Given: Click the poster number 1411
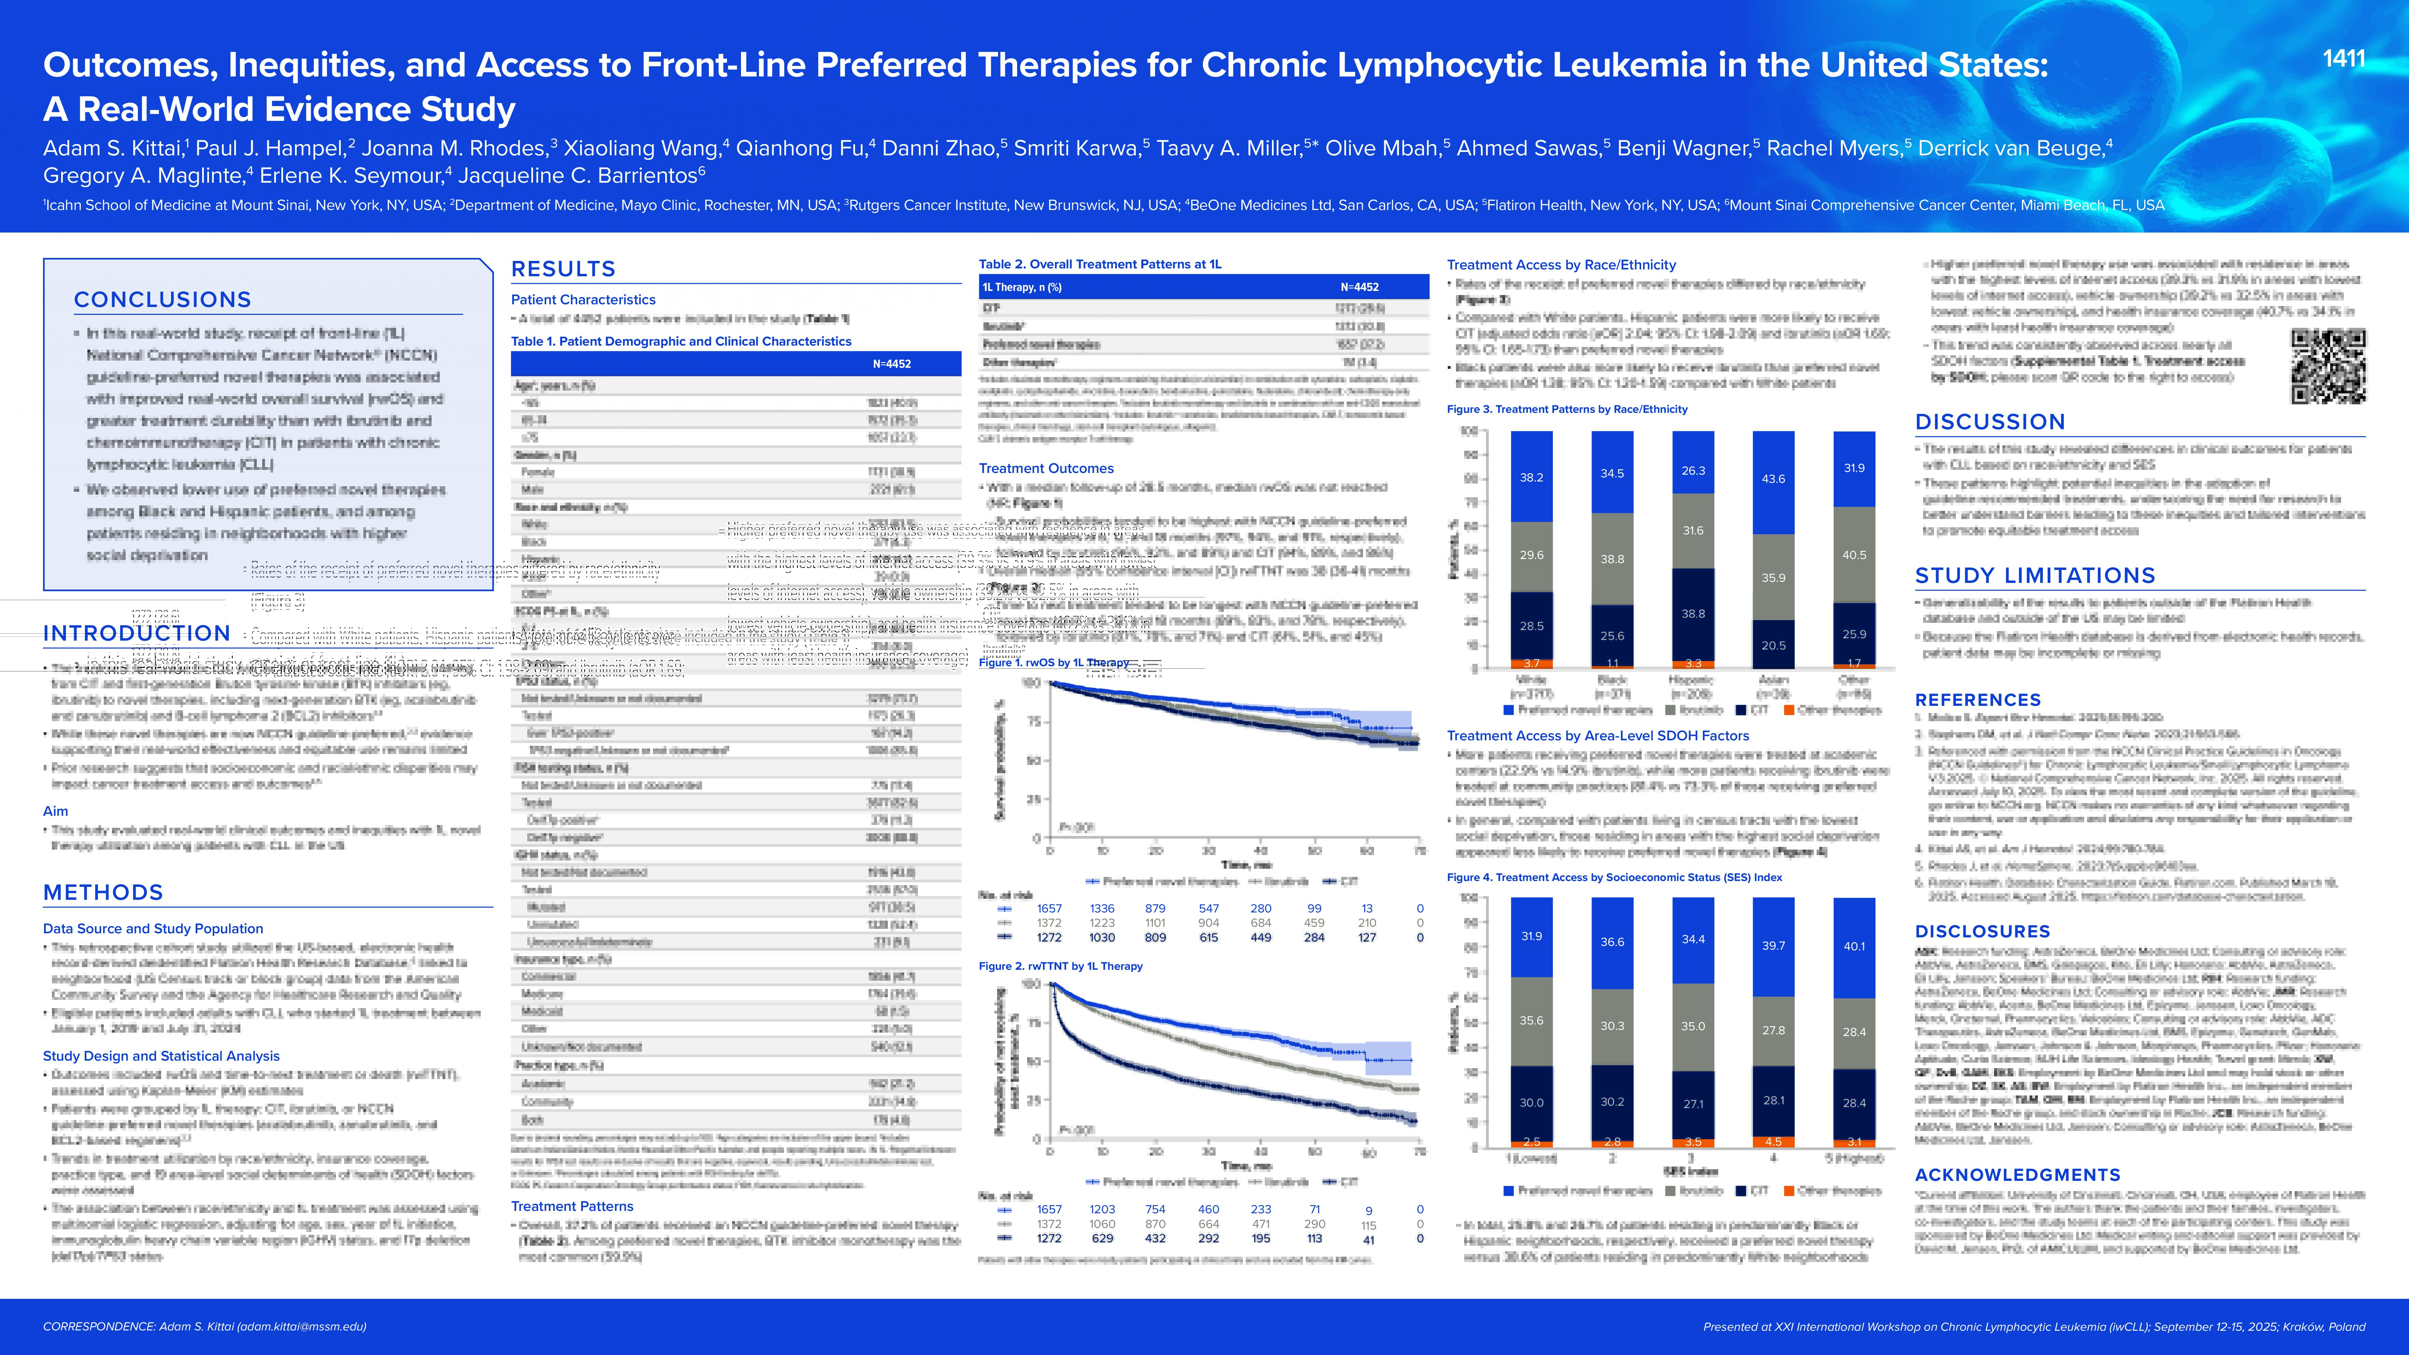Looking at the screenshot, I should click(x=2343, y=59).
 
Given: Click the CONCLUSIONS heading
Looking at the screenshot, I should click(x=163, y=299).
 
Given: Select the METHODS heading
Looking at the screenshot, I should click(x=103, y=892).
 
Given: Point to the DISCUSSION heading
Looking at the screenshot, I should click(x=1990, y=422).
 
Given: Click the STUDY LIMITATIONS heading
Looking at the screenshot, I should click(x=2035, y=575).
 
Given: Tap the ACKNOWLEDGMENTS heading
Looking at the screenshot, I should click(x=2017, y=1174).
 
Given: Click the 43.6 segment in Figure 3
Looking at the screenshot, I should click(x=1773, y=479).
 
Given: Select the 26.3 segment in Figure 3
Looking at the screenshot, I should click(x=1693, y=470).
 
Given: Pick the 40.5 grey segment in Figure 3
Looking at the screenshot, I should click(x=1853, y=555).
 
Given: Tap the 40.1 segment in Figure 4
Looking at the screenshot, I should click(x=1853, y=946).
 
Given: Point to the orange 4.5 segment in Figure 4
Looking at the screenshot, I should click(x=1773, y=1141).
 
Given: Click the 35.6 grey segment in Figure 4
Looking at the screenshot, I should click(x=1531, y=1020).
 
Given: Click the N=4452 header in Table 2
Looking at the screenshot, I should click(x=1359, y=287).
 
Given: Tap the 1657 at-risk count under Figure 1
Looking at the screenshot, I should click(x=1049, y=908).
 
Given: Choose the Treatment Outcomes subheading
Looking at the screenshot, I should click(x=1046, y=467).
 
